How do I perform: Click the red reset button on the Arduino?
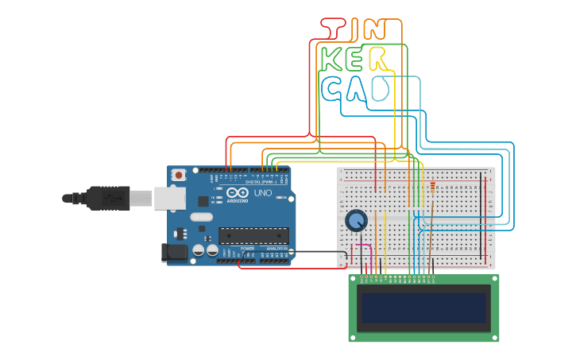click(x=179, y=174)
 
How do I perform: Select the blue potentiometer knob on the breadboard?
click(x=356, y=220)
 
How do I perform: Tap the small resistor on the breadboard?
click(x=432, y=187)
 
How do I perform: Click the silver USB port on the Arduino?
click(x=169, y=198)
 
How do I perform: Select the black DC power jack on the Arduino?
click(x=174, y=252)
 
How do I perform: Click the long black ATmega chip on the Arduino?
click(x=253, y=235)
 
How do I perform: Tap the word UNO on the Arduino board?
click(x=262, y=193)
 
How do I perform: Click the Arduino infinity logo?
click(x=237, y=192)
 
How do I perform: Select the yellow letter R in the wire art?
click(x=379, y=59)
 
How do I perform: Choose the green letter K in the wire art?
click(x=332, y=59)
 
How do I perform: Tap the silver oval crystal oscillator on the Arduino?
click(x=202, y=217)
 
